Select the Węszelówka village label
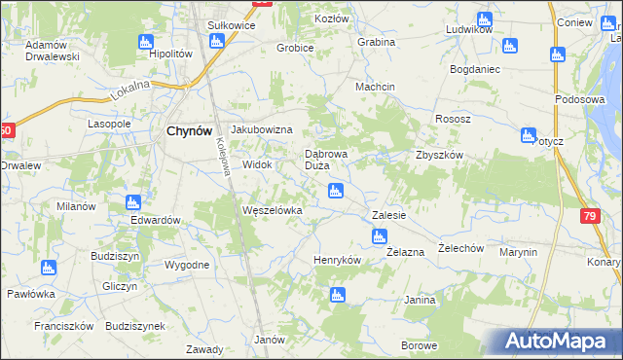pos(273,209)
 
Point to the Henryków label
pos(337,260)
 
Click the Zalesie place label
pos(388,214)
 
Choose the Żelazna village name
pos(405,252)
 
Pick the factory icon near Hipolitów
pos(146,42)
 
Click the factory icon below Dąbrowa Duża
pos(336,191)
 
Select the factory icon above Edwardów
pos(133,202)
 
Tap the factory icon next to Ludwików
pos(485,18)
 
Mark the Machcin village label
pos(375,87)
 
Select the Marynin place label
pos(518,252)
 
